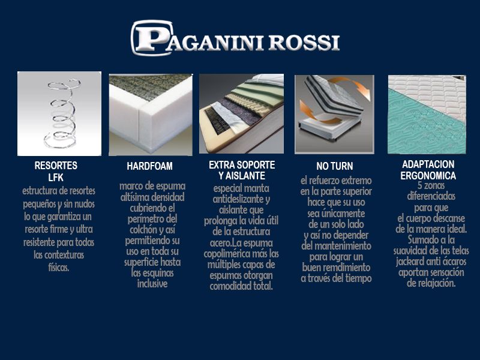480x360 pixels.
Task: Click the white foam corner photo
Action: pyautogui.click(x=151, y=115)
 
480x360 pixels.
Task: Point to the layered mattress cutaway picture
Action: pyautogui.click(x=242, y=113)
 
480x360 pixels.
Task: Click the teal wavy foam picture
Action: pyautogui.click(x=427, y=115)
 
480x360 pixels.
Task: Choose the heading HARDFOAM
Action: pyautogui.click(x=149, y=166)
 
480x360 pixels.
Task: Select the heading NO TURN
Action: pyautogui.click(x=335, y=166)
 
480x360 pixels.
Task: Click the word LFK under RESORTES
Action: pyautogui.click(x=56, y=178)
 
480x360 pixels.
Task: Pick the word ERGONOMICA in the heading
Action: pyautogui.click(x=428, y=176)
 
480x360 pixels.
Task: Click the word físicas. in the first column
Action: pyautogui.click(x=58, y=268)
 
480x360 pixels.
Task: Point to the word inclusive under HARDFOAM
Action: pyautogui.click(x=152, y=284)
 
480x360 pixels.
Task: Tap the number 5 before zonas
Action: pyautogui.click(x=419, y=185)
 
